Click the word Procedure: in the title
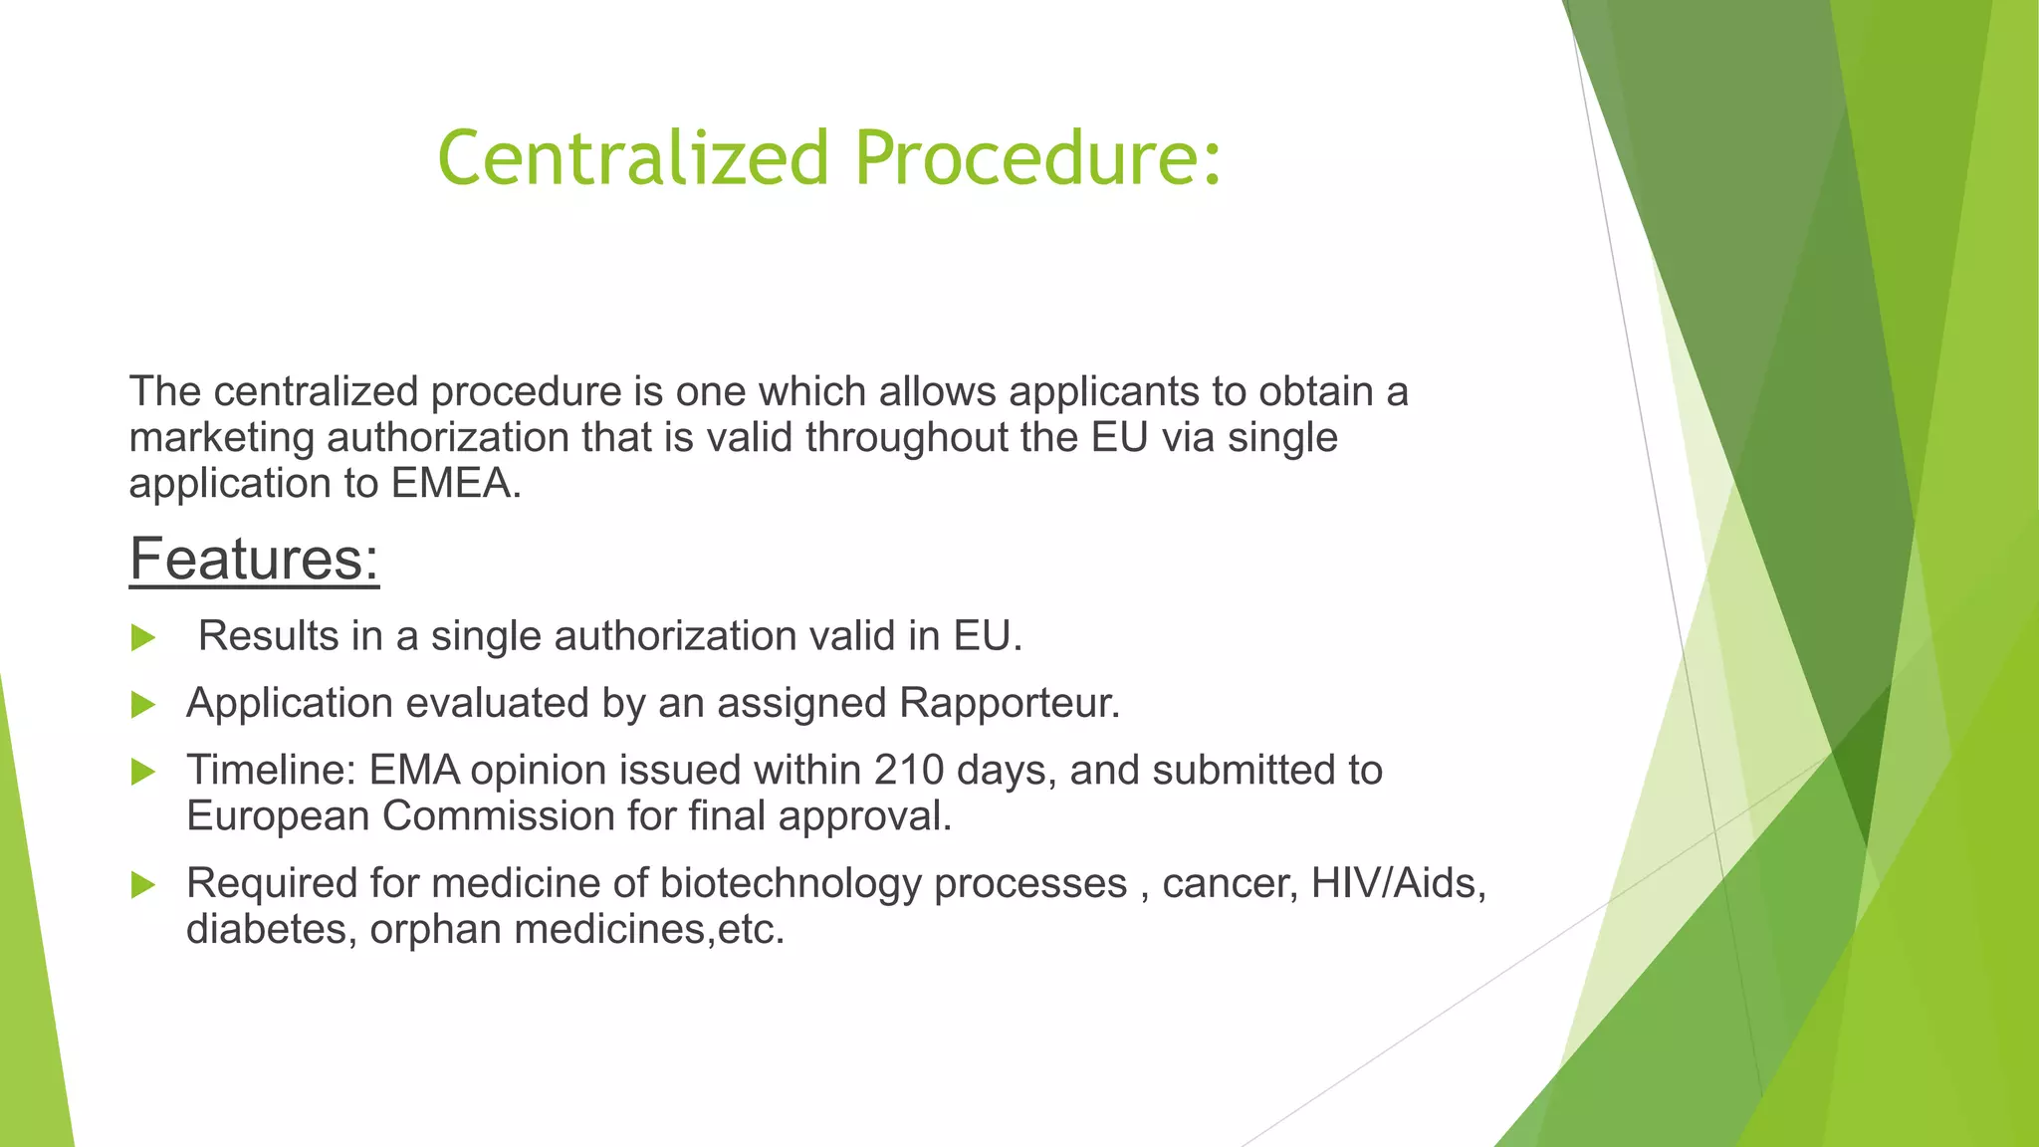pyautogui.click(x=1038, y=158)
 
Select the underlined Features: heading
pyautogui.click(x=254, y=559)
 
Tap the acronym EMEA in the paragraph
pyautogui.click(x=455, y=484)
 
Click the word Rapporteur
pyautogui.click(x=1010, y=703)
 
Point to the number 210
pyautogui.click(x=909, y=771)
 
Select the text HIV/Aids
pyautogui.click(x=1398, y=883)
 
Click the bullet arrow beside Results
pyautogui.click(x=143, y=638)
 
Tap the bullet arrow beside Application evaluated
pyautogui.click(x=143, y=705)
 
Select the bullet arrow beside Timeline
pyautogui.click(x=143, y=772)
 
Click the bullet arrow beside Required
pyautogui.click(x=143, y=884)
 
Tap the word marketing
pyautogui.click(x=221, y=438)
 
